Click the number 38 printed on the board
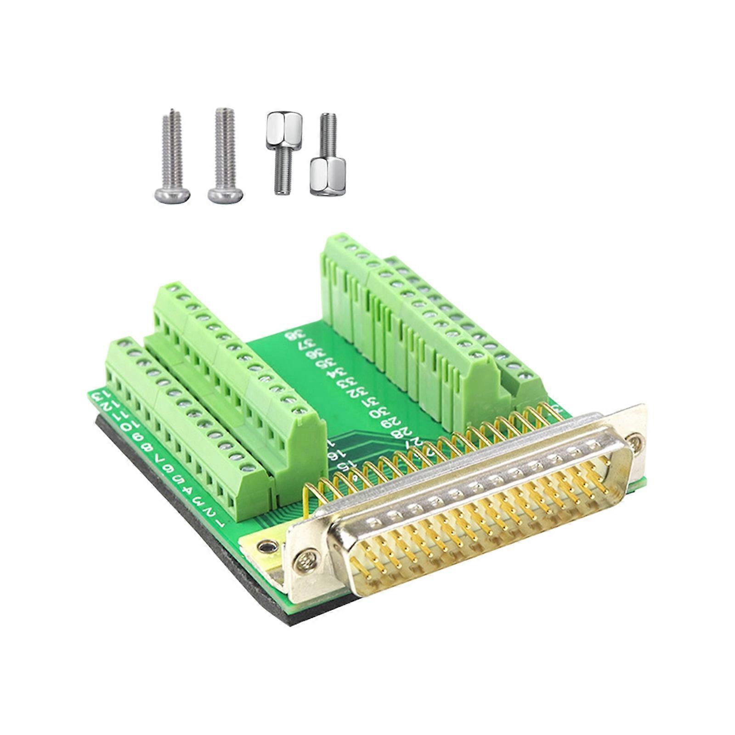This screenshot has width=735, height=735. coord(291,335)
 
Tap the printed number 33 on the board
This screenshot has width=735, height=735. coord(343,383)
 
